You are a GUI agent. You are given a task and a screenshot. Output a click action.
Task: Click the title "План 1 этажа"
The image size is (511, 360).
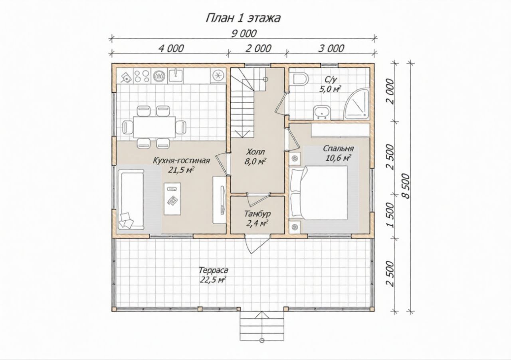pyautogui.click(x=243, y=18)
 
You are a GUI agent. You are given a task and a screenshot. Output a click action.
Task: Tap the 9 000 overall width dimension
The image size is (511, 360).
pyautogui.click(x=244, y=34)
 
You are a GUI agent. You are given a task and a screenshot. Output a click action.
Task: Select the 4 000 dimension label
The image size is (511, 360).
pyautogui.click(x=171, y=49)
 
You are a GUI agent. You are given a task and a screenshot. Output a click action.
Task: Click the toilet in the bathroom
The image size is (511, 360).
pyautogui.click(x=301, y=80)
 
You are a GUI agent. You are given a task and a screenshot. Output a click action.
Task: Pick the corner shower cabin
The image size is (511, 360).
pyautogui.click(x=357, y=104)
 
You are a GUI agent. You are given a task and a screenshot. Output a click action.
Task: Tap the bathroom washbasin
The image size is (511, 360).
pyautogui.click(x=322, y=113)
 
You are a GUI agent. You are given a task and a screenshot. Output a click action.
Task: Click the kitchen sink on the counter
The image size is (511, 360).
pyautogui.click(x=175, y=76)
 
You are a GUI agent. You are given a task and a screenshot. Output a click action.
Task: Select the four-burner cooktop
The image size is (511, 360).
pyautogui.click(x=141, y=76)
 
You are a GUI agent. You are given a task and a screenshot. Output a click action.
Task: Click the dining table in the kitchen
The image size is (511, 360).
pyautogui.click(x=154, y=127)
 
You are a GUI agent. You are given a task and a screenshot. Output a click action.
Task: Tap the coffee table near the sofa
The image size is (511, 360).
pyautogui.click(x=172, y=199)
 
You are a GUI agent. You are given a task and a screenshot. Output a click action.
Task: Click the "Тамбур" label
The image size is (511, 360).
pyautogui.click(x=257, y=214)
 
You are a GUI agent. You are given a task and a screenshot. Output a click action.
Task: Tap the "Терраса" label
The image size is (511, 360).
pyautogui.click(x=213, y=270)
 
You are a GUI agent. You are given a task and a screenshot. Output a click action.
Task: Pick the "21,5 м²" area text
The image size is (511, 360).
pyautogui.click(x=181, y=170)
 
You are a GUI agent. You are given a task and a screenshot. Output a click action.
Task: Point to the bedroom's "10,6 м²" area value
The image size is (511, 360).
pyautogui.click(x=338, y=158)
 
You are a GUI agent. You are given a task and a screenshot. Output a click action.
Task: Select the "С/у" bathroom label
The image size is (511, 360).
pyautogui.click(x=331, y=80)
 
